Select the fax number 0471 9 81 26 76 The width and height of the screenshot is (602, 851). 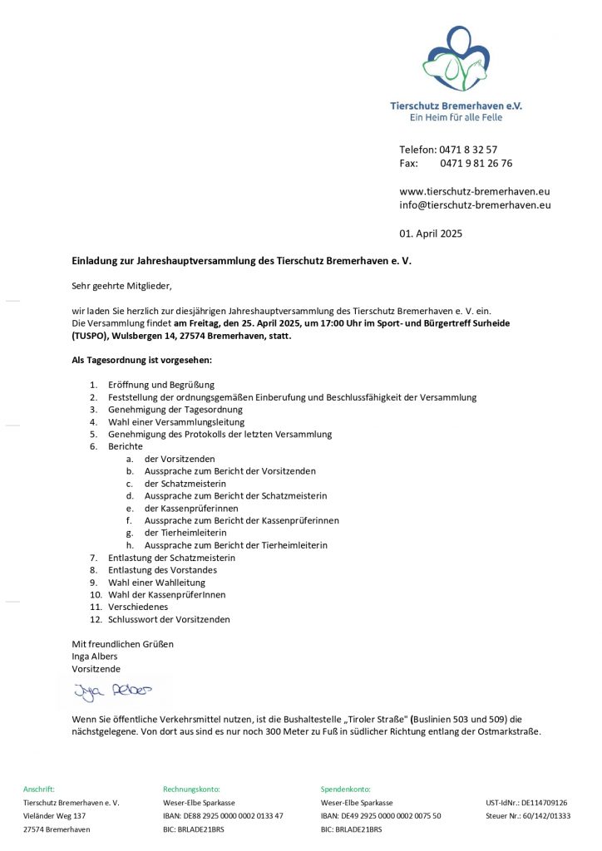point(476,164)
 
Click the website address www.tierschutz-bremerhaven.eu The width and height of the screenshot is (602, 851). point(475,191)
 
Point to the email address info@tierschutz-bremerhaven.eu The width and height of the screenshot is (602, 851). point(475,205)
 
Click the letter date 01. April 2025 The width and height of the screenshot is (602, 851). point(431,234)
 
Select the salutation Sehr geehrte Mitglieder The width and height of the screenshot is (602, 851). point(121,286)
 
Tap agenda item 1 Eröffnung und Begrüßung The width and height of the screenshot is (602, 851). point(161,385)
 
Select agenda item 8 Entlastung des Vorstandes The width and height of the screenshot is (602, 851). point(162,570)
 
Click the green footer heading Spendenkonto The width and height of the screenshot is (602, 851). point(346,790)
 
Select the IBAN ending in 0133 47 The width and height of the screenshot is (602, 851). point(223,816)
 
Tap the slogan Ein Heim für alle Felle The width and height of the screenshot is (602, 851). point(456,118)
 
